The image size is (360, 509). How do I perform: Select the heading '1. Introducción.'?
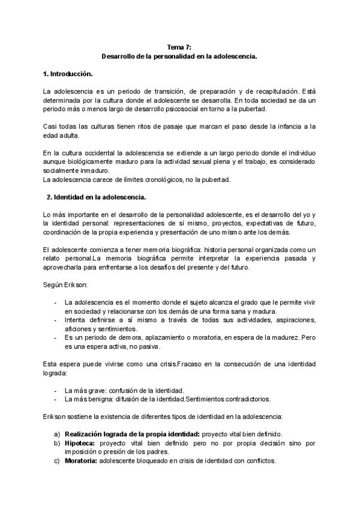pos(68,74)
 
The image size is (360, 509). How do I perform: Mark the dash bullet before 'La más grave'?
pos(56,390)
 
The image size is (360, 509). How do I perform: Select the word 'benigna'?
pos(97,399)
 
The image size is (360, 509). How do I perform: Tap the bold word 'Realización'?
pos(88,434)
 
